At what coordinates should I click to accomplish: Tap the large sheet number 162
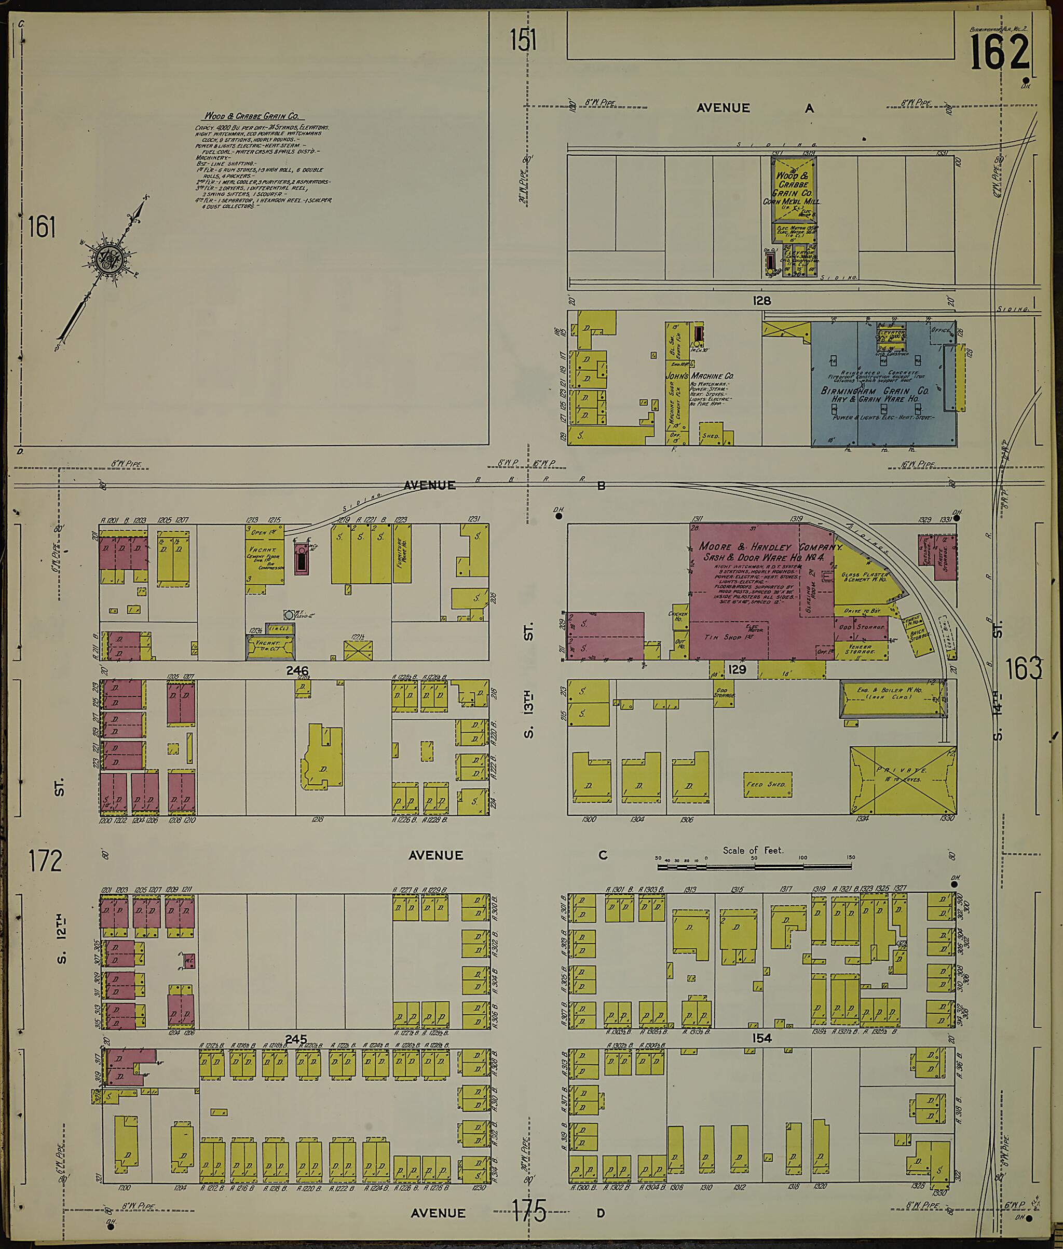pos(999,52)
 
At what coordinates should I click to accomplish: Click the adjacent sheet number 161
pos(42,229)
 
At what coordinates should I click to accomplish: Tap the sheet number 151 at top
pos(523,41)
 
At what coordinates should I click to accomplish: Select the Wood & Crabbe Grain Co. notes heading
pos(252,116)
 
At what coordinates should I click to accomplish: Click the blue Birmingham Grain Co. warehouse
pos(882,386)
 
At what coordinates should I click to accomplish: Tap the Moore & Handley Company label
pos(770,547)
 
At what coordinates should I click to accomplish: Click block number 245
pos(296,1039)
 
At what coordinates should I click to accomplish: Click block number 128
pos(762,301)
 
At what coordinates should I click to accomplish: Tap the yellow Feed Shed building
pos(767,784)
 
